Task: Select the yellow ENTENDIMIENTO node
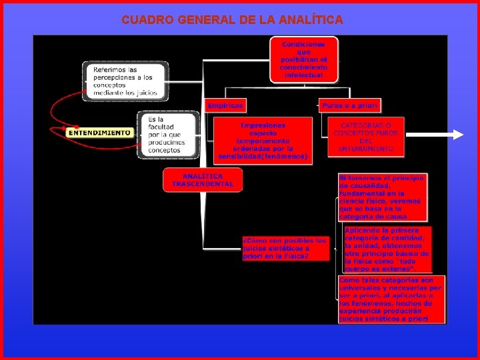click(x=99, y=133)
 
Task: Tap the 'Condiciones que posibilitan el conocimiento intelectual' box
click(x=303, y=59)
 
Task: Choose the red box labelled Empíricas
click(x=225, y=105)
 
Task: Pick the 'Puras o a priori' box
click(x=349, y=105)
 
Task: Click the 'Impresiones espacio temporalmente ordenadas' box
click(x=263, y=141)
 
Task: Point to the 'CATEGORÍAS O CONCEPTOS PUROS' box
click(x=366, y=137)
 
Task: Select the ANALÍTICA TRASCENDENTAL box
click(x=203, y=180)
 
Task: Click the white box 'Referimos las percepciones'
click(x=125, y=81)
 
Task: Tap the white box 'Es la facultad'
click(x=168, y=135)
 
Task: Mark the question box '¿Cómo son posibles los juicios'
click(x=285, y=248)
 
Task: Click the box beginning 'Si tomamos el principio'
click(x=382, y=197)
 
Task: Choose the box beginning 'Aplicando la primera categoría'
click(x=387, y=249)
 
